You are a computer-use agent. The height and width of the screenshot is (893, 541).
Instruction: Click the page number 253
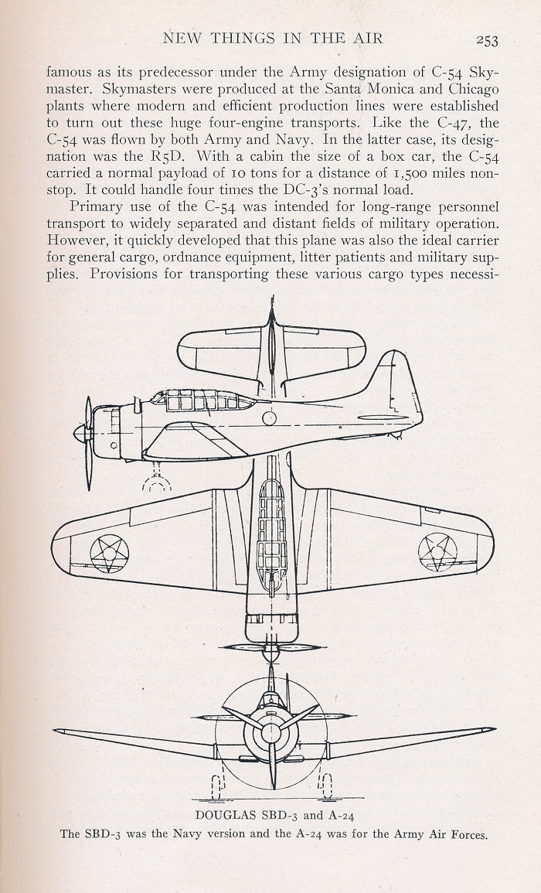tap(487, 39)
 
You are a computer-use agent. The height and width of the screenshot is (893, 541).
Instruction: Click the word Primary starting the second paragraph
tap(94, 206)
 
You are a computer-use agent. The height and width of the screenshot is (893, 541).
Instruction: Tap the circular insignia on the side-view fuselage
tap(270, 418)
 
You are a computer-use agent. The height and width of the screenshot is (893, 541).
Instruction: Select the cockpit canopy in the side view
tap(202, 400)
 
